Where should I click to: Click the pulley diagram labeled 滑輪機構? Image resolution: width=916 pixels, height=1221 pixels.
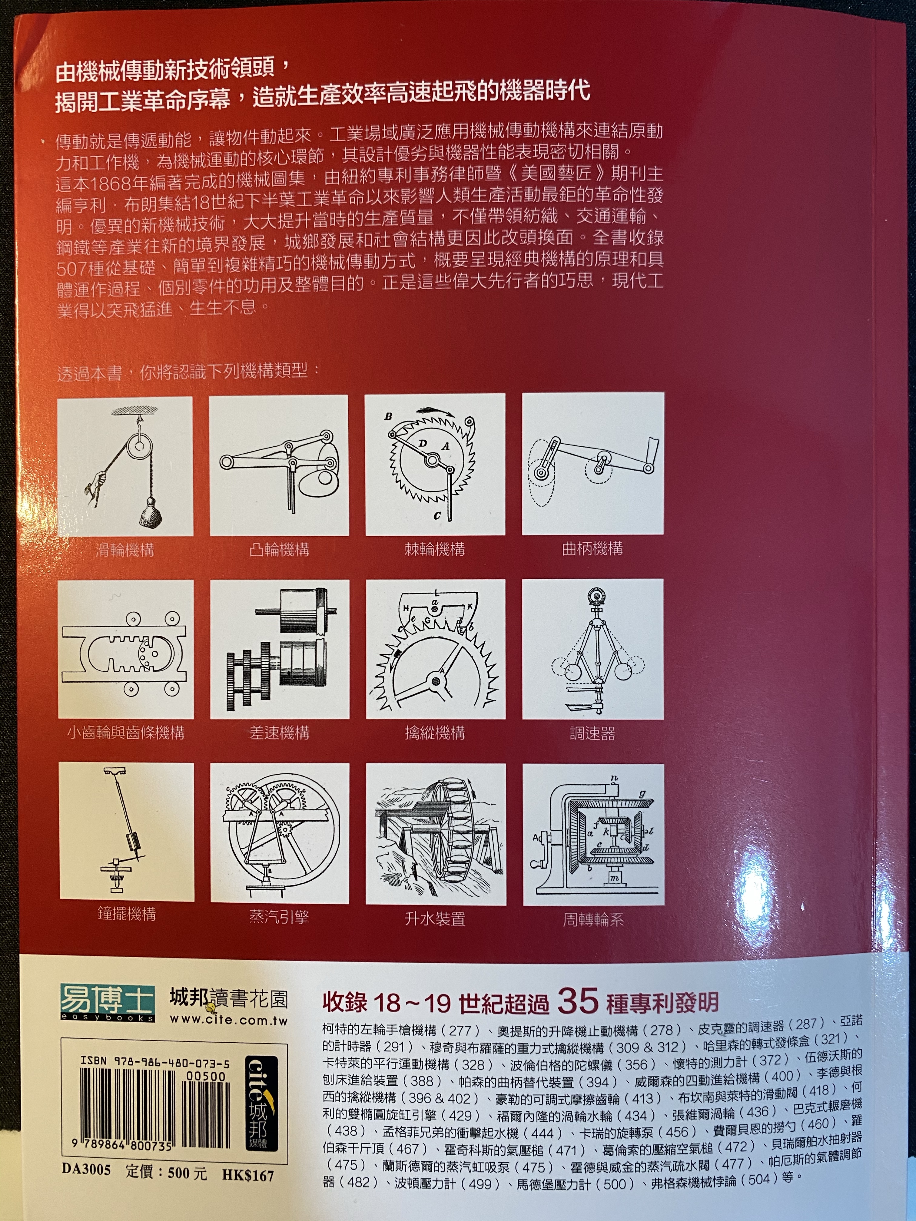coord(125,466)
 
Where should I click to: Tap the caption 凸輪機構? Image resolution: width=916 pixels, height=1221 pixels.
coord(279,550)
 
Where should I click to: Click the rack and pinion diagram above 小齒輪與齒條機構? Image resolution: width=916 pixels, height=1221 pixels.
coord(126,649)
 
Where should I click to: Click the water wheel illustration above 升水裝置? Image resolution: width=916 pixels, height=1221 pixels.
coord(436,834)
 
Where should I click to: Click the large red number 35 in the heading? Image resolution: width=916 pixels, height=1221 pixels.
coord(578,1000)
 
